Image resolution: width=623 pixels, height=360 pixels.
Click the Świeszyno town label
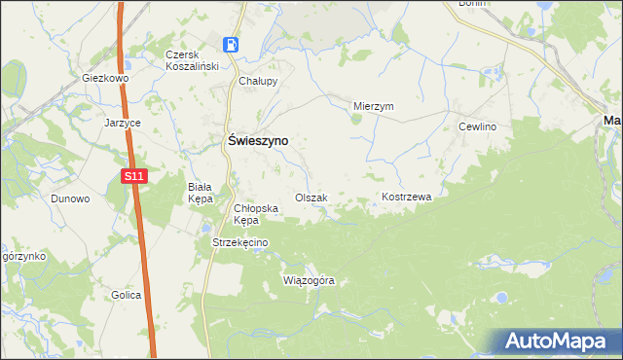(257, 140)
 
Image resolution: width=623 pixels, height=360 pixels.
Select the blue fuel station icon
(232, 45)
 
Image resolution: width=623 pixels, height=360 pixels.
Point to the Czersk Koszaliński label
(193, 60)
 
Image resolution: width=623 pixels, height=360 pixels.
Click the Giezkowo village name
(106, 77)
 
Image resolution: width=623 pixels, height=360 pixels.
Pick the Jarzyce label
(124, 124)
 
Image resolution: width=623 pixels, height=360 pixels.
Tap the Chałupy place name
(259, 82)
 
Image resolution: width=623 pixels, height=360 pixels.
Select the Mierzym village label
(373, 107)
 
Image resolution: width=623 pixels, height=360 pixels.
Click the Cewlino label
(478, 127)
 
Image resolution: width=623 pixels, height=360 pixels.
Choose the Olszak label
(311, 198)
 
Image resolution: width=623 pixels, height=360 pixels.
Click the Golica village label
(126, 295)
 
